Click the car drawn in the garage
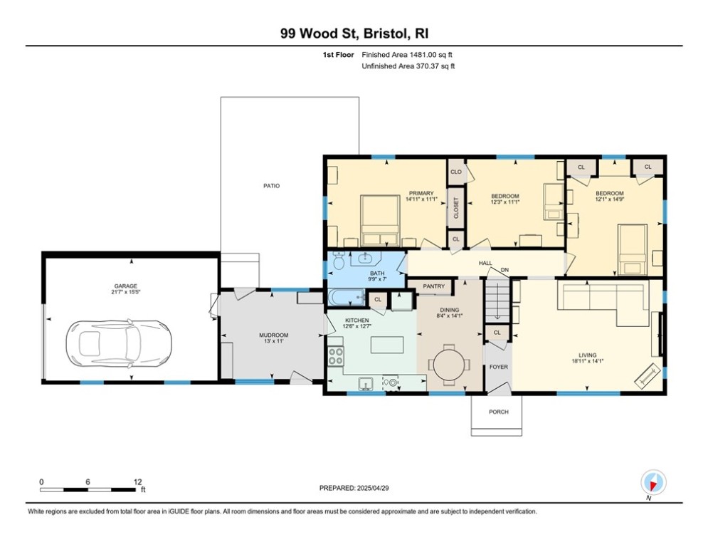coord(120,343)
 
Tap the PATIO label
coord(271,186)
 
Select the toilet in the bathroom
coord(339,259)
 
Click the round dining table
coord(449,364)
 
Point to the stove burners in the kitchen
coord(336,355)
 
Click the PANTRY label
coord(433,286)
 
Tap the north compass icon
coord(653,483)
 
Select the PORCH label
coord(499,412)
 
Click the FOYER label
coord(499,367)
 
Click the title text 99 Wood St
coord(319,33)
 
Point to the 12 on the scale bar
coord(138,482)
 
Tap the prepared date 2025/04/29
coord(373,488)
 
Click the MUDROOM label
coord(274,335)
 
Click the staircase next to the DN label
coord(497,300)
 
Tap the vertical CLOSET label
coord(455,208)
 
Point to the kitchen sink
coord(365,383)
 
